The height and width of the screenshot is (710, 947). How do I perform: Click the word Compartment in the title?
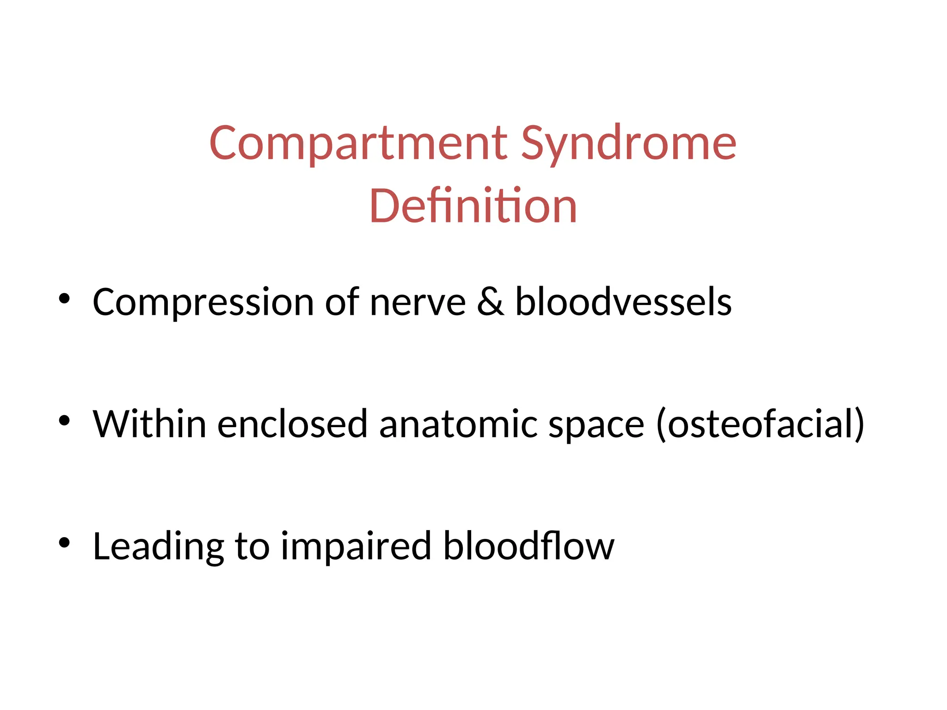click(358, 144)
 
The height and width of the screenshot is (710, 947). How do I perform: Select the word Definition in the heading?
click(473, 206)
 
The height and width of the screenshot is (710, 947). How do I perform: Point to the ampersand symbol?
click(490, 302)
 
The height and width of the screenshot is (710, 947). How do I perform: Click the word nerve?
click(418, 303)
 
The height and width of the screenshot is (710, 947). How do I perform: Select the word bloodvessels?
click(623, 302)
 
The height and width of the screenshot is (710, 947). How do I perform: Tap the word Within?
click(149, 424)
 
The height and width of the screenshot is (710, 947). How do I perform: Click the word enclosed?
click(292, 424)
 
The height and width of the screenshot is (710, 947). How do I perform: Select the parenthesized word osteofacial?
click(760, 424)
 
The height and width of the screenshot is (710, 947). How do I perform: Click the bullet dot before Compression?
click(64, 299)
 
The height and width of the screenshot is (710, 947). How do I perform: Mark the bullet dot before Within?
click(64, 420)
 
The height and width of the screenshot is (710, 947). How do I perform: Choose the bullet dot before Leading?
click(64, 542)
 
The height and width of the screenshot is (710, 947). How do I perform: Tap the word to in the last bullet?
click(252, 547)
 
